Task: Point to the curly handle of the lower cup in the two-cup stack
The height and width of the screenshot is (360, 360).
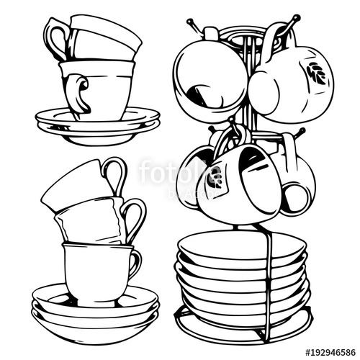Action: tap(78, 94)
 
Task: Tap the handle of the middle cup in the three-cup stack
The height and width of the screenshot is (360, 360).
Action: tap(134, 216)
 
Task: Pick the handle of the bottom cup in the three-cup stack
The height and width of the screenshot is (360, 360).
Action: tap(134, 263)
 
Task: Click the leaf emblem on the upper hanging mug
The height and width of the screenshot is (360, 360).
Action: tap(315, 73)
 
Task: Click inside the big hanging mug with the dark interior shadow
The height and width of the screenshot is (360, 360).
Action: tap(209, 76)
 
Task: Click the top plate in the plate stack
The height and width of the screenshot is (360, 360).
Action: tap(241, 245)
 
